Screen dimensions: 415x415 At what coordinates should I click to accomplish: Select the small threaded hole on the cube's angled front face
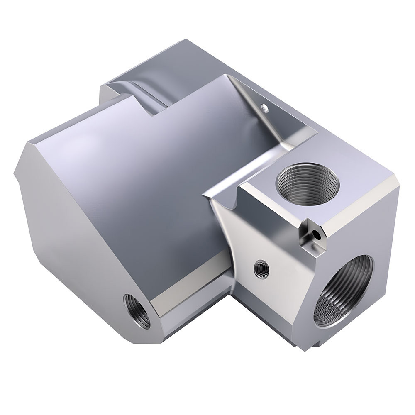tap(261, 269)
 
